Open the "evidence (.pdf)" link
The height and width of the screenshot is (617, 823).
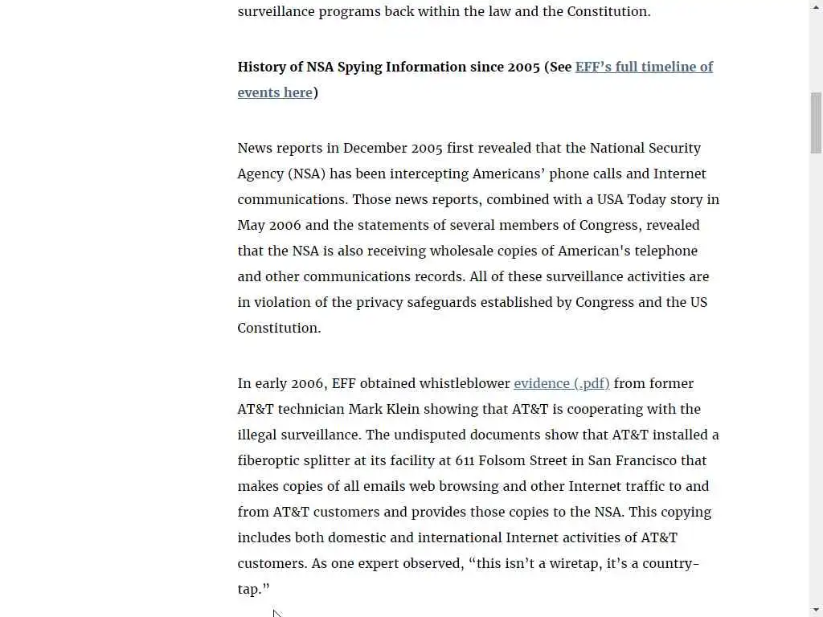tap(561, 383)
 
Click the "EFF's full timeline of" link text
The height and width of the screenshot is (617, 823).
tap(644, 67)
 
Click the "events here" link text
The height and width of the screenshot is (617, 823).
tap(274, 92)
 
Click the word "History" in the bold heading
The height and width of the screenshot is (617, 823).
tap(262, 67)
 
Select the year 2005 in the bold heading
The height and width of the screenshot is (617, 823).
tap(523, 67)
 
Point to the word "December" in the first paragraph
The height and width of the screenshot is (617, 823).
tap(375, 148)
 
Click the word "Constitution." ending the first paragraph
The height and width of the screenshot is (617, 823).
tap(279, 328)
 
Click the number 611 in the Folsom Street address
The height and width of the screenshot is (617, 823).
tap(465, 460)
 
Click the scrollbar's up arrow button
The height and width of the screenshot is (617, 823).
tap(816, 6)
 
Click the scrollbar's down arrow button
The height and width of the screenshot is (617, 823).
tap(816, 610)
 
